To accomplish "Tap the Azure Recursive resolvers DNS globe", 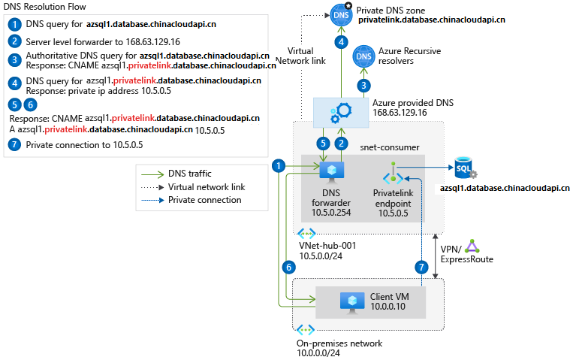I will point(364,56).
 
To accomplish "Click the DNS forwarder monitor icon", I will point(330,172).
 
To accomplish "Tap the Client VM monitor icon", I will point(353,302).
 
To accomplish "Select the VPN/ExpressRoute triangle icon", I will point(472,246).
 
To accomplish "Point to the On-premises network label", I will point(339,343).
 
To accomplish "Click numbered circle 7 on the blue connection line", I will point(422,266).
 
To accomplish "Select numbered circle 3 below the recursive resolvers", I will point(364,86).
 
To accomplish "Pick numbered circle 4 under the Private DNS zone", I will point(342,42).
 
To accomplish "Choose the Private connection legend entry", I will point(204,200).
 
